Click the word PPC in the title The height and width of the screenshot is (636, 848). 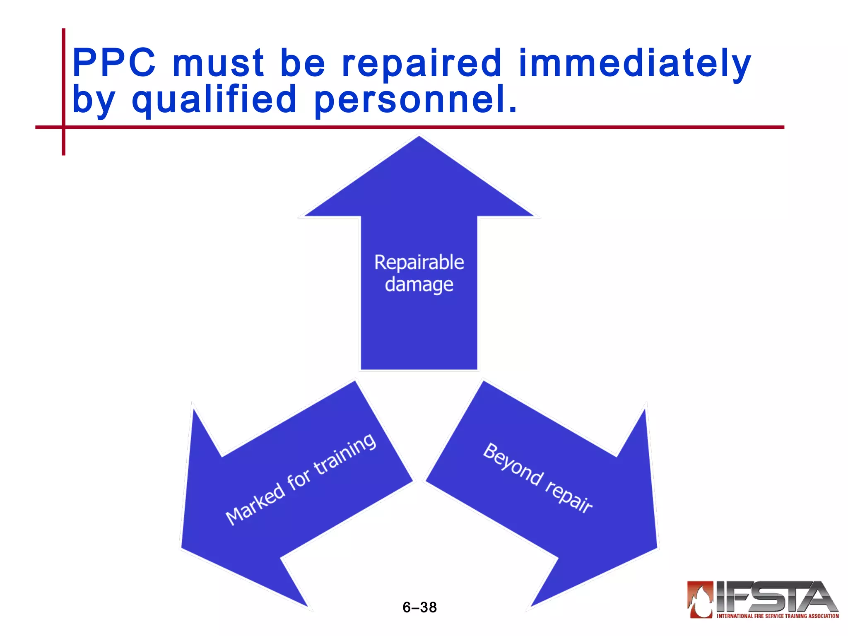click(x=114, y=63)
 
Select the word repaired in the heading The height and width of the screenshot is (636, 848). click(x=422, y=64)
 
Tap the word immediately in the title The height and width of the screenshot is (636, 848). click(x=634, y=64)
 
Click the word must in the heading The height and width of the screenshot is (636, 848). click(x=218, y=63)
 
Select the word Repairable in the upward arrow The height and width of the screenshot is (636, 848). click(x=419, y=263)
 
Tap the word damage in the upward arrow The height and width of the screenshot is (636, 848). click(x=419, y=285)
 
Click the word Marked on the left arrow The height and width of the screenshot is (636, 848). click(x=255, y=504)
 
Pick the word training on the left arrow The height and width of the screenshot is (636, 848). click(x=345, y=454)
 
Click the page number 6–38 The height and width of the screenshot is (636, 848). click(x=419, y=607)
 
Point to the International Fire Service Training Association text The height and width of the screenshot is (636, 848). click(x=777, y=616)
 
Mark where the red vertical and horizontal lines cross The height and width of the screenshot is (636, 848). click(x=63, y=127)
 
